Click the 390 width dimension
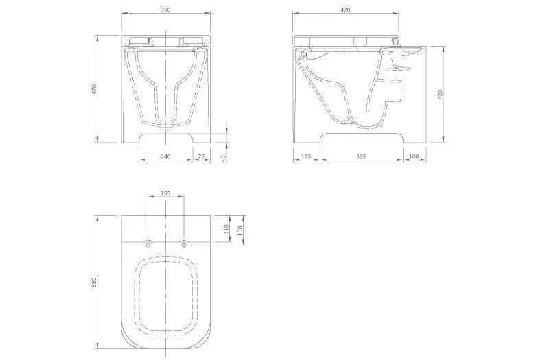(x=165, y=10)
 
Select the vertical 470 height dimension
(x=93, y=89)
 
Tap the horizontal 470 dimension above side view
(x=345, y=10)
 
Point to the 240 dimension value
(x=165, y=156)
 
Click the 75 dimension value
(x=201, y=156)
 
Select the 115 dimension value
(x=306, y=156)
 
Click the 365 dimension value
(x=361, y=156)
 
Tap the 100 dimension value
(x=414, y=156)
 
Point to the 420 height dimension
(x=441, y=94)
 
